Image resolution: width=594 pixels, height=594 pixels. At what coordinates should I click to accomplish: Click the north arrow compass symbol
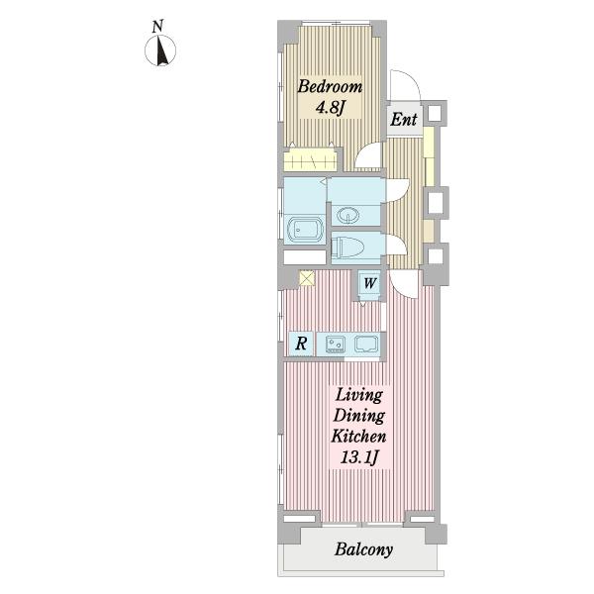point(160,50)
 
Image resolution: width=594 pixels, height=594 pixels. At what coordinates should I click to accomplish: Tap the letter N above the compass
point(158,27)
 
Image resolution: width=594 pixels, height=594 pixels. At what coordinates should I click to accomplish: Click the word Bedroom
point(330,86)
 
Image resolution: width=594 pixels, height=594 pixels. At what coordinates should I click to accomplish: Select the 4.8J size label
point(330,108)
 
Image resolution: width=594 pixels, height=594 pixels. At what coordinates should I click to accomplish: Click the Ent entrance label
point(404,120)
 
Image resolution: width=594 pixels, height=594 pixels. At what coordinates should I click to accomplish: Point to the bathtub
point(304,229)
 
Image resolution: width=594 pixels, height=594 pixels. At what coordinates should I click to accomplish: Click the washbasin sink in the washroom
point(348,216)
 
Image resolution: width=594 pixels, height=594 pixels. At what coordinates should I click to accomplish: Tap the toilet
point(347,247)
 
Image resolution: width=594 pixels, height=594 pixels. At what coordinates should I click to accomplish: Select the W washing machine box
point(369,283)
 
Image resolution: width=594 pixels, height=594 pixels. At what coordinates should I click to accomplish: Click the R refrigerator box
point(301,344)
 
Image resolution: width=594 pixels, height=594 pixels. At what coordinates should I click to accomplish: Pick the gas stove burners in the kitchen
point(336,345)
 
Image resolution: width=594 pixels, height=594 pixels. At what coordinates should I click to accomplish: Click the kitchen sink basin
point(366,344)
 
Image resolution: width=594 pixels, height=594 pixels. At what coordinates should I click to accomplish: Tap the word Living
point(359,396)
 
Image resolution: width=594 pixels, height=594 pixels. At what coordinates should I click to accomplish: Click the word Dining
point(359,416)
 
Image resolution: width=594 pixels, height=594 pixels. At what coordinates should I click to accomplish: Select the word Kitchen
point(358,436)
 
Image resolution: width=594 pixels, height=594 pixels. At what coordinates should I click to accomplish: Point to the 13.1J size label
point(359,456)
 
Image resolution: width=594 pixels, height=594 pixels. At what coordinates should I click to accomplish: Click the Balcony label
point(363,549)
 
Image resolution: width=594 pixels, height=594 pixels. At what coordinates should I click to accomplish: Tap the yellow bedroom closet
point(310,159)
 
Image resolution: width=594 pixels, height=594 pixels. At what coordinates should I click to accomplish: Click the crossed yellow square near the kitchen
point(307,278)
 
